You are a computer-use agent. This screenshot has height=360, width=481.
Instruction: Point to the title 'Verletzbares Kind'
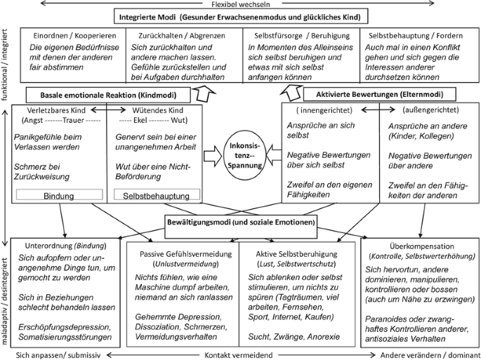pos(58,110)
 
